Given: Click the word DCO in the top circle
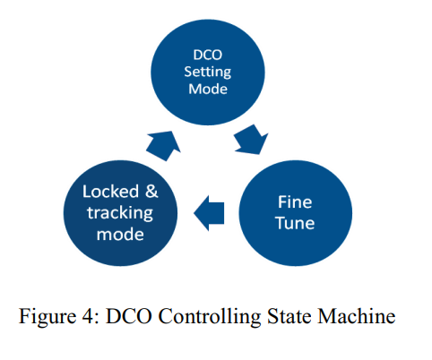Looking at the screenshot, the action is click(208, 55).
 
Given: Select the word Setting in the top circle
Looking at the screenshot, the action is click(208, 73).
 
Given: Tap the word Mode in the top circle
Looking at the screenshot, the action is click(208, 89).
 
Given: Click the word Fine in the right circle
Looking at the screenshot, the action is click(295, 202).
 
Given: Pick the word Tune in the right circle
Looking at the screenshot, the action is click(295, 223).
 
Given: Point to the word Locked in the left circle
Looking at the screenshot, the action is click(110, 192).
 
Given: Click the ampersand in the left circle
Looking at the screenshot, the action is click(151, 192).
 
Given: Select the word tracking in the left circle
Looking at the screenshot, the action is click(120, 213).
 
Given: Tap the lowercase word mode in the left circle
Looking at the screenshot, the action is click(120, 235).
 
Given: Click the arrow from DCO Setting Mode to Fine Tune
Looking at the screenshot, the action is click(252, 140).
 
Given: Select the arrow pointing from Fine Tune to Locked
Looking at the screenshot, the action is click(209, 213).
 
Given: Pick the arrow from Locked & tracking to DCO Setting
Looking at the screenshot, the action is click(163, 145).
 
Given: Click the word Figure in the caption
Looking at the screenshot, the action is click(48, 316).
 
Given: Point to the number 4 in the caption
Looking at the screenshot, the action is click(88, 316).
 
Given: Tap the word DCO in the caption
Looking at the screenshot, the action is click(129, 316).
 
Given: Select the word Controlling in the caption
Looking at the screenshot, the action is click(210, 317).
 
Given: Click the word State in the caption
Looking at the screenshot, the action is click(289, 316).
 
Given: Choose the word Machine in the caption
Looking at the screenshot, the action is click(357, 316).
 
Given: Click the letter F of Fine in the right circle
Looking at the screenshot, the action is click(282, 202).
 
